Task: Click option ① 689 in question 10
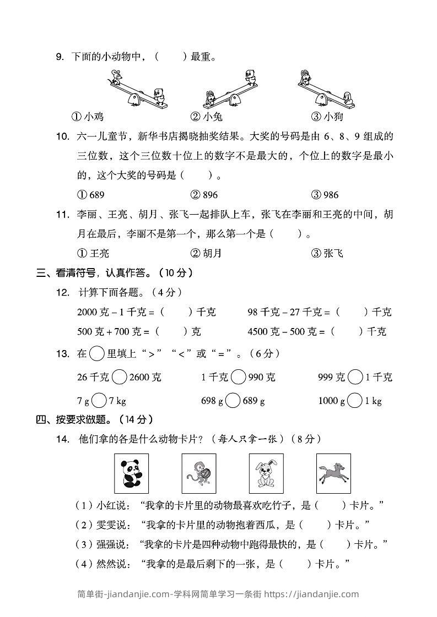click(x=91, y=195)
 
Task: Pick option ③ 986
click(x=325, y=195)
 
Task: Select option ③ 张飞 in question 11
click(x=327, y=253)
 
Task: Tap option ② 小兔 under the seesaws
click(x=207, y=117)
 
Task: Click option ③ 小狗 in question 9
click(x=327, y=117)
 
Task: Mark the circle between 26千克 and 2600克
click(x=120, y=378)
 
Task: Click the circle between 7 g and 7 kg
click(x=99, y=401)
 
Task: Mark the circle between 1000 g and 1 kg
click(x=356, y=401)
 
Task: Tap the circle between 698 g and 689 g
click(x=233, y=401)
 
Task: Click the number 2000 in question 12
click(x=87, y=312)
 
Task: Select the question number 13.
click(x=62, y=354)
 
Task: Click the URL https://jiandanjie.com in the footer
click(x=311, y=594)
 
